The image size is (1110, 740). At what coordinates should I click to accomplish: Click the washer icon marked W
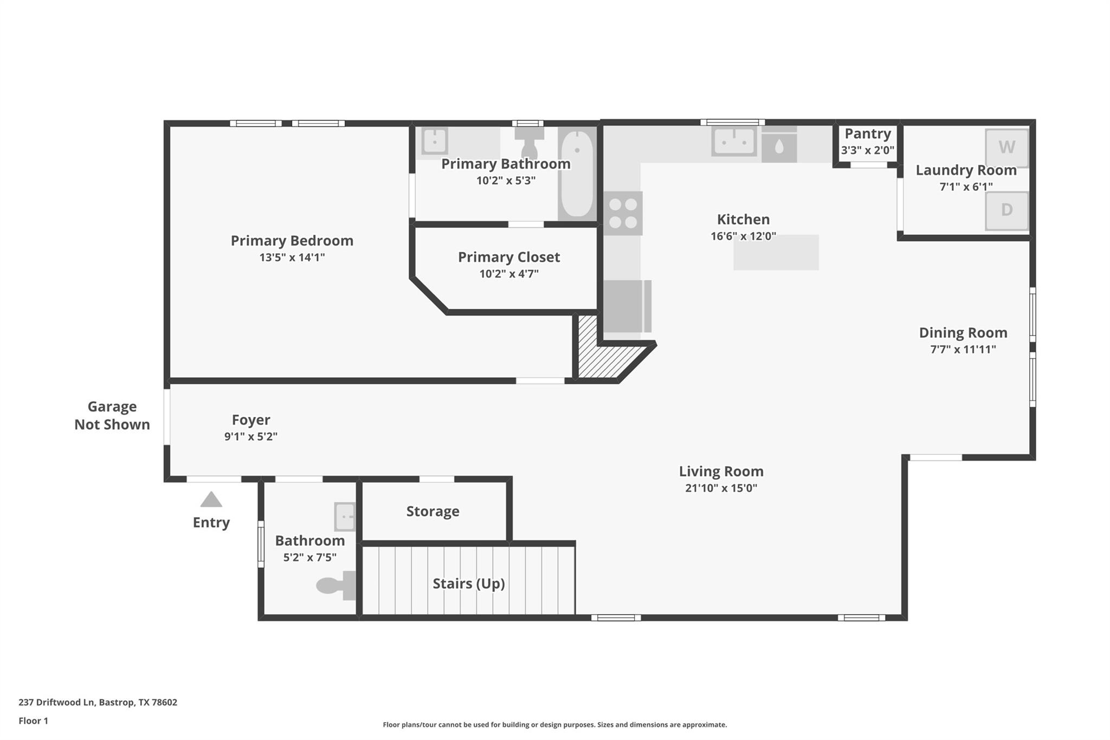click(1006, 147)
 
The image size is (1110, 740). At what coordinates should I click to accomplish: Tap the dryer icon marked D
click(1006, 210)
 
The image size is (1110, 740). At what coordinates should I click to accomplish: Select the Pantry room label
click(867, 134)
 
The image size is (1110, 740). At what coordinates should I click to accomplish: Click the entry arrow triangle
click(211, 500)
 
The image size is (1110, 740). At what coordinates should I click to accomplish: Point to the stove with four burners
click(623, 213)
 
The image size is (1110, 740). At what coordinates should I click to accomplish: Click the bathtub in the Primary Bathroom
click(577, 173)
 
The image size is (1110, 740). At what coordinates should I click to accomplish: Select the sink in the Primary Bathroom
click(434, 141)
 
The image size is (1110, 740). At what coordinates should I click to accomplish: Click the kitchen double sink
click(734, 141)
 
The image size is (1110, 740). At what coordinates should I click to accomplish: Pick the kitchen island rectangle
click(776, 253)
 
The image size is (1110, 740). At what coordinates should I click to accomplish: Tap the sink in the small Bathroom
click(345, 517)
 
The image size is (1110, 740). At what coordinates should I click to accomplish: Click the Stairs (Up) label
click(468, 583)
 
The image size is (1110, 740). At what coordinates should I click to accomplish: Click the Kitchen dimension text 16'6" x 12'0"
click(743, 236)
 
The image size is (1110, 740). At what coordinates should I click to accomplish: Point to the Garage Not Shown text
click(112, 415)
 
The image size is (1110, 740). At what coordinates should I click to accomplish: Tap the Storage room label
click(433, 511)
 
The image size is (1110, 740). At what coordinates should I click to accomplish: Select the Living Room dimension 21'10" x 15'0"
click(721, 488)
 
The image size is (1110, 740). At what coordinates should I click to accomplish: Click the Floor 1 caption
click(33, 720)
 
